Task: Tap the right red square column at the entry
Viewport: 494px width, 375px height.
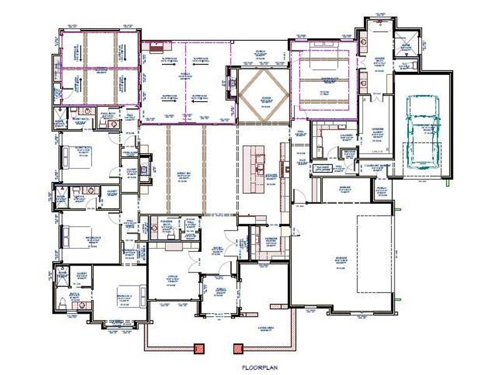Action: [x=238, y=349]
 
